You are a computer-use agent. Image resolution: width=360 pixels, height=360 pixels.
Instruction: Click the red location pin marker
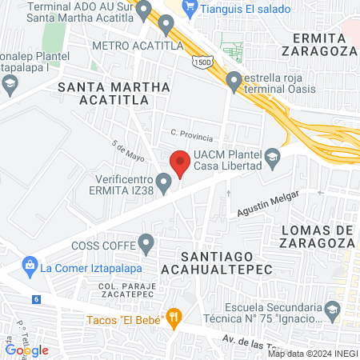coord(180,163)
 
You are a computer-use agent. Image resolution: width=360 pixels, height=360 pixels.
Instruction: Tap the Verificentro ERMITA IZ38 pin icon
coord(164,185)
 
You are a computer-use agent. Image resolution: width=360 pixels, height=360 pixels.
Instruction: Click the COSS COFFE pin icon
coord(146,241)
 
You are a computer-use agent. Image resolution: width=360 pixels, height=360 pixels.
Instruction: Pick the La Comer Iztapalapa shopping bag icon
coord(30,263)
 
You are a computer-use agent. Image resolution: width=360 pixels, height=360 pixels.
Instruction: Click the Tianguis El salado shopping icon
coord(190,9)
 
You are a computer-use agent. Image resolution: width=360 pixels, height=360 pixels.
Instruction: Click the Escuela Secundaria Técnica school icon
coord(331,309)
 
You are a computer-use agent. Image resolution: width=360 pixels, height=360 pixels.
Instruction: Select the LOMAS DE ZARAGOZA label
coord(318,238)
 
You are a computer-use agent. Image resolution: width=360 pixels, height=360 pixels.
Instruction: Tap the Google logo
coord(26,350)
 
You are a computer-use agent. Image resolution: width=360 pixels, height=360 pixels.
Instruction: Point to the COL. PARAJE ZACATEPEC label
coord(126,290)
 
